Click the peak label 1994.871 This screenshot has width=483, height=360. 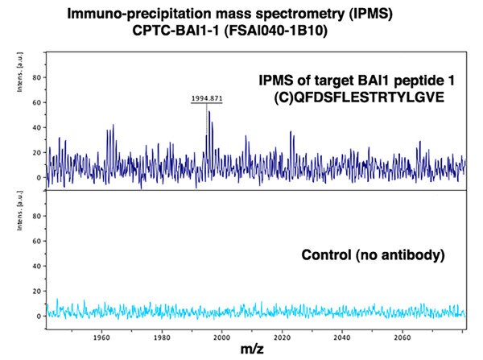point(207,98)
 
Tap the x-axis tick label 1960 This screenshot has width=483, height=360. point(101,337)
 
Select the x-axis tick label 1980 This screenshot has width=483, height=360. point(162,337)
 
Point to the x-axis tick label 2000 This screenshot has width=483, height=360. point(222,337)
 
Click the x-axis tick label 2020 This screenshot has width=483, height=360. point(283,337)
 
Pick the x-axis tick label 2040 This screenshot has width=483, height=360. point(342,337)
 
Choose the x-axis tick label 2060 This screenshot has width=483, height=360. point(402,337)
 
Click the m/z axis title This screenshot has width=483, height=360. point(252,350)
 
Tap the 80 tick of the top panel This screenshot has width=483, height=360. point(37,77)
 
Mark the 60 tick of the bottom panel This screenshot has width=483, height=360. point(37,241)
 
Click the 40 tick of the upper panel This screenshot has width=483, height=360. point(37,127)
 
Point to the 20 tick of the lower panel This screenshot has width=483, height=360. point(37,291)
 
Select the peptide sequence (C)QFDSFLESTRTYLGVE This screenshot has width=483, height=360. point(359,97)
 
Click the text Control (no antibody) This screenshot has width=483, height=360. point(373,255)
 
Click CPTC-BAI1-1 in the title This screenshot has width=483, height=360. point(175,31)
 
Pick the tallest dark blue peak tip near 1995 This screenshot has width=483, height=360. point(209,111)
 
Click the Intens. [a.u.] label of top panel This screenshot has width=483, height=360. point(20,72)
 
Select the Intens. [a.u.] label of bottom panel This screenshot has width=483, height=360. point(20,210)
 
